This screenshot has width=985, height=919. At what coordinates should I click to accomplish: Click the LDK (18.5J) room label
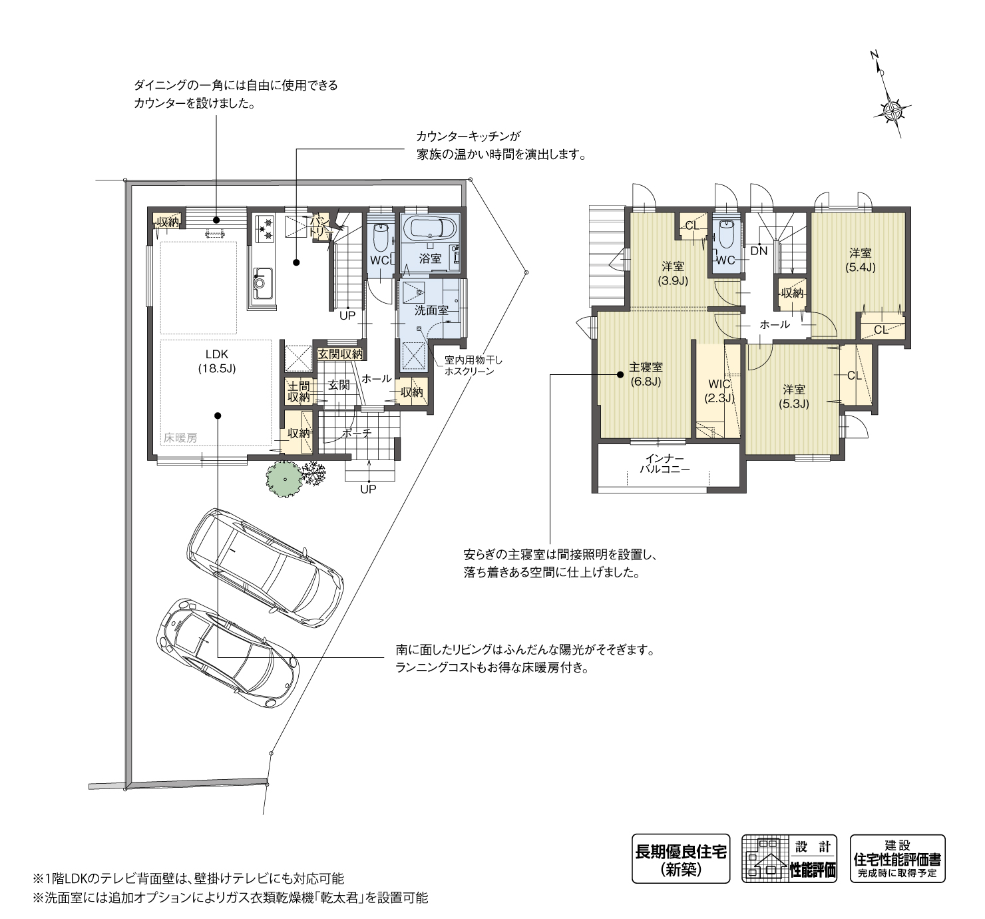(217, 362)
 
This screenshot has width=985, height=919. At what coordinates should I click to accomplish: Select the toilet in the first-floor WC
(381, 236)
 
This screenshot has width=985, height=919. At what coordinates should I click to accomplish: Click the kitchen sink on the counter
(262, 282)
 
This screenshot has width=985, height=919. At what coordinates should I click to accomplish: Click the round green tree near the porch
(285, 479)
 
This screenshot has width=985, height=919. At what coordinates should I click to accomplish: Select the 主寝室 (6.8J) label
(646, 374)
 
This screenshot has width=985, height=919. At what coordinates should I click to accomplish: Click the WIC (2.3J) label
(719, 391)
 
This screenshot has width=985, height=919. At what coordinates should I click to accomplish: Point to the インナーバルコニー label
(665, 463)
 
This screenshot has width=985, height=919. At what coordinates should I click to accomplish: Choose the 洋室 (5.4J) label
(860, 260)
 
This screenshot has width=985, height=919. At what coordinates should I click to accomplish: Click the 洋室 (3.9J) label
(673, 274)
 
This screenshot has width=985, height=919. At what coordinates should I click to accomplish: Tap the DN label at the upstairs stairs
(759, 251)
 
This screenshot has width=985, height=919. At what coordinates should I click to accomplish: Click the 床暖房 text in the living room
(180, 438)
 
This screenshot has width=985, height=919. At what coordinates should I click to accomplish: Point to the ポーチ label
(357, 433)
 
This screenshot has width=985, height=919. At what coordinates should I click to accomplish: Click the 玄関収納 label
(340, 354)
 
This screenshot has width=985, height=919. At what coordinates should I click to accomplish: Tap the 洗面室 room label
(431, 311)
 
